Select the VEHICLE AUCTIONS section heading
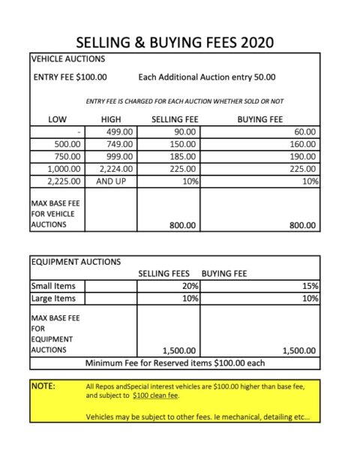pyautogui.click(x=67, y=59)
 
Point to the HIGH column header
pyautogui.click(x=110, y=119)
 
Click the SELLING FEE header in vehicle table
pyautogui.click(x=174, y=119)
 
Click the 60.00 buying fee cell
pyautogui.click(x=306, y=131)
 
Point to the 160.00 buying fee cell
pyautogui.click(x=304, y=144)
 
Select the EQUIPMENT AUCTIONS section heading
pyautogui.click(x=76, y=262)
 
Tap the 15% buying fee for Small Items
pyautogui.click(x=312, y=286)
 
